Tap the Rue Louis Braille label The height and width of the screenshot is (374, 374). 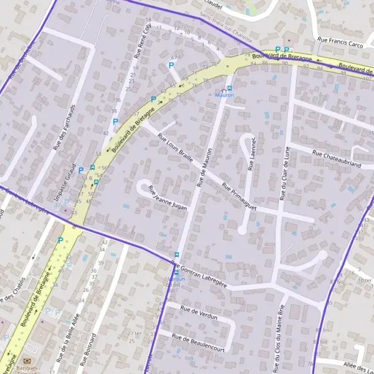(175, 148)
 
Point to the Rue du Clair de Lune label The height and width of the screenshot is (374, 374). (285, 172)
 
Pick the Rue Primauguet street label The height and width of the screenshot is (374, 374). (239, 195)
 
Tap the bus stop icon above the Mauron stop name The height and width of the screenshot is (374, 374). (229, 88)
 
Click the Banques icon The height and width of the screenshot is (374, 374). (27, 360)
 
